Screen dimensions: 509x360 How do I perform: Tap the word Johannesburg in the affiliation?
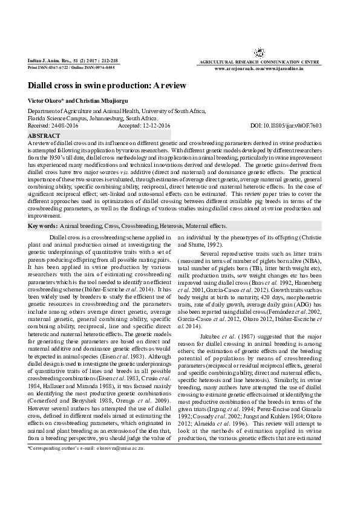tap(104, 119)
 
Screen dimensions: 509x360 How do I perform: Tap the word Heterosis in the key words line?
tap(171, 225)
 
